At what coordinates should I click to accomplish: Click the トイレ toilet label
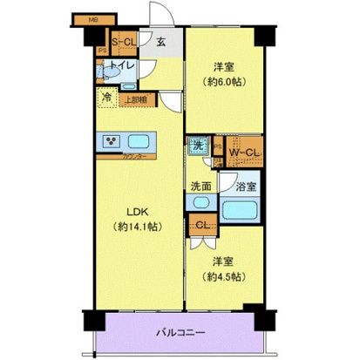click(121, 65)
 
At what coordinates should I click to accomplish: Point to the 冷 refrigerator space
click(106, 98)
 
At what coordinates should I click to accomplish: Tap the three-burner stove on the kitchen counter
click(111, 140)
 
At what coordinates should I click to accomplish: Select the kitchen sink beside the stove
click(140, 141)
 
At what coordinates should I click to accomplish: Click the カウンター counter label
click(133, 157)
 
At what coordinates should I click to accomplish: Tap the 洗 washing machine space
click(199, 145)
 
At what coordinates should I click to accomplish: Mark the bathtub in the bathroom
click(242, 209)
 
